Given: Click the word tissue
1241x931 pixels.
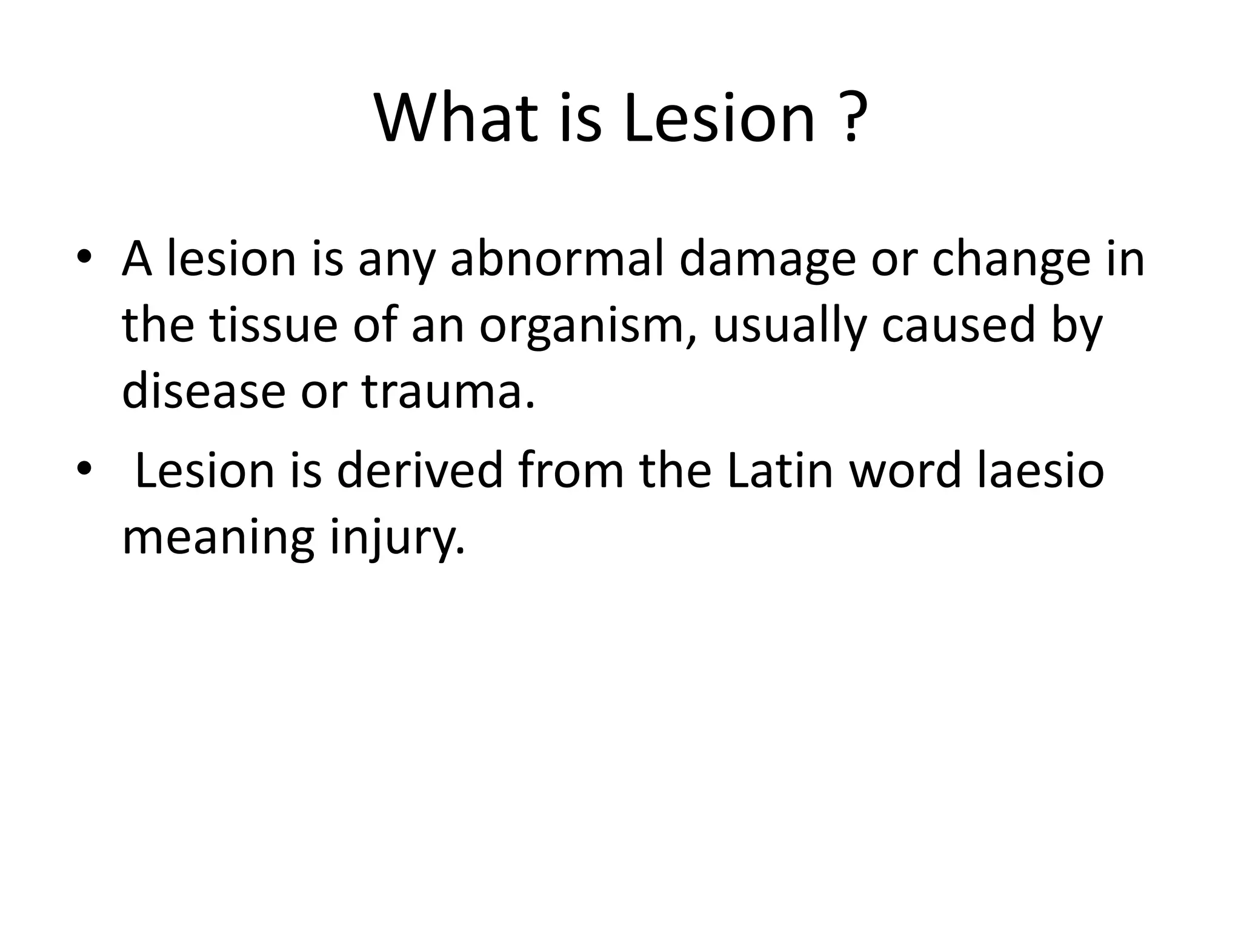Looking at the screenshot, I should point(273,325).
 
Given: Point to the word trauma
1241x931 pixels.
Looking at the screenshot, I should point(448,392).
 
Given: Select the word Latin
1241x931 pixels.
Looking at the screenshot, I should point(780,471).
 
